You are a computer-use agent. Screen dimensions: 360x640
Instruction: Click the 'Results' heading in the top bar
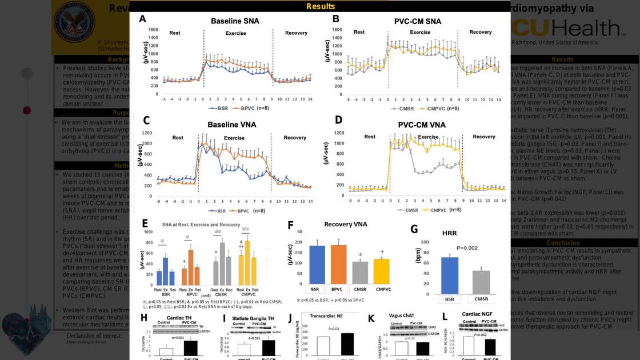coord(321,6)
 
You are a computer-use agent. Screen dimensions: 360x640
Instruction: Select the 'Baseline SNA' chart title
coord(234,21)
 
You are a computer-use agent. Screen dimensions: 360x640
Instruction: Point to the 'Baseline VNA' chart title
coord(231,124)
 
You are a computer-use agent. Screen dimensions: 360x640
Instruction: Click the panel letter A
coord(143,19)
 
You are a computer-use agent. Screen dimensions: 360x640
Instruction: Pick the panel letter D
coord(338,121)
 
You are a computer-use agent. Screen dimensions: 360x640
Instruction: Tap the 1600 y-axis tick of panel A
coord(153,30)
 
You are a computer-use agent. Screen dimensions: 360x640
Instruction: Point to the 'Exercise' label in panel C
coord(234,138)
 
